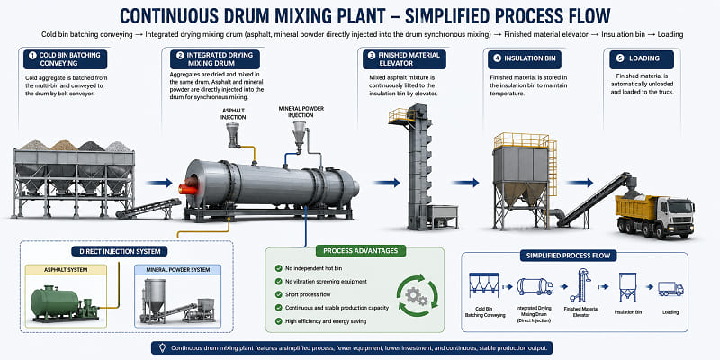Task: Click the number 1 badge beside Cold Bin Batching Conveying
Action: point(32,55)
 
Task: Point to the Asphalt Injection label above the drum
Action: point(233,114)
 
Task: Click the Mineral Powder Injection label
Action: point(301,112)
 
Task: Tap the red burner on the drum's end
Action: point(188,186)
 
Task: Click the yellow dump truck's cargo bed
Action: point(635,206)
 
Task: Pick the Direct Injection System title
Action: point(120,251)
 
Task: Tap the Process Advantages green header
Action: point(361,251)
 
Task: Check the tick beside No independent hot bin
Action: point(278,268)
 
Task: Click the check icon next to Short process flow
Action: point(278,294)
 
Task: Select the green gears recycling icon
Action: point(418,295)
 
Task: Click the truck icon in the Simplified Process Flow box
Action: point(670,288)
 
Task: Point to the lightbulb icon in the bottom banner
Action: point(162,347)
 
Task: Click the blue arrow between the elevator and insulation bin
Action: point(465,183)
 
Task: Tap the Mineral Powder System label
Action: point(177,269)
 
